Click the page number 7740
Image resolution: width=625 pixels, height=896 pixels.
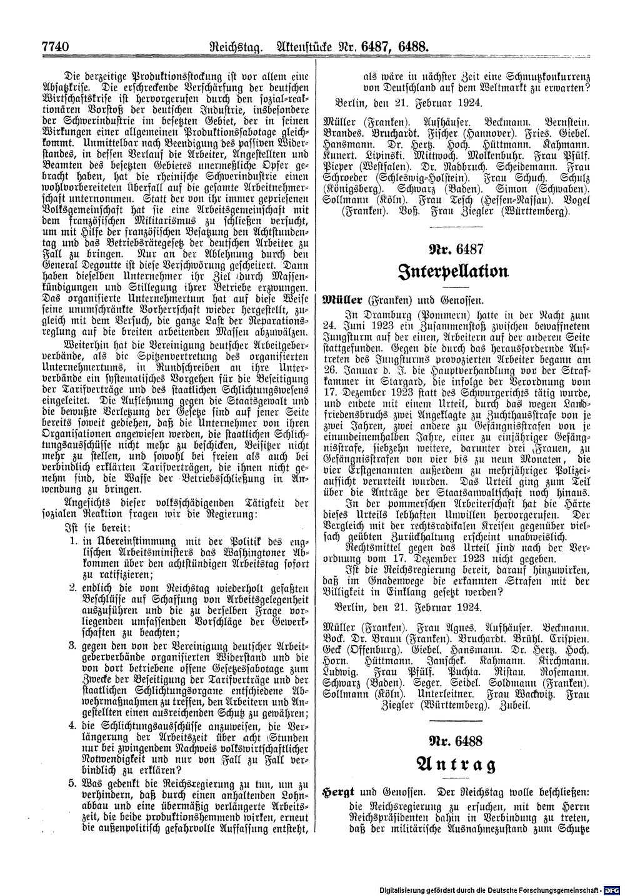click(54, 46)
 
